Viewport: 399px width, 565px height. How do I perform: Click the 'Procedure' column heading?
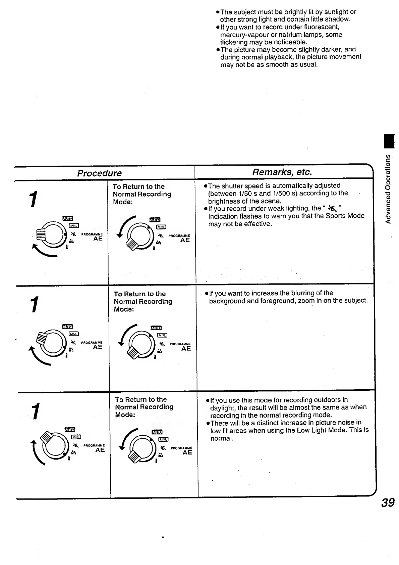[99, 173]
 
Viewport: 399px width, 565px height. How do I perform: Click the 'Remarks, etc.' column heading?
[282, 172]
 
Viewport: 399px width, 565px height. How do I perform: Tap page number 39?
[388, 503]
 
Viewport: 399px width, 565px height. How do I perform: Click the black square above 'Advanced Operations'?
[389, 141]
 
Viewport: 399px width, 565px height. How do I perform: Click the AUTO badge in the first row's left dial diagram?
[68, 219]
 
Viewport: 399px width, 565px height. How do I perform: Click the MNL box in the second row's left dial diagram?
[74, 334]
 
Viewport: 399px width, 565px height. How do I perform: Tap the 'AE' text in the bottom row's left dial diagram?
[100, 450]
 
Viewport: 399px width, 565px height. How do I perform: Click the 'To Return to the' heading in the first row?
[138, 186]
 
